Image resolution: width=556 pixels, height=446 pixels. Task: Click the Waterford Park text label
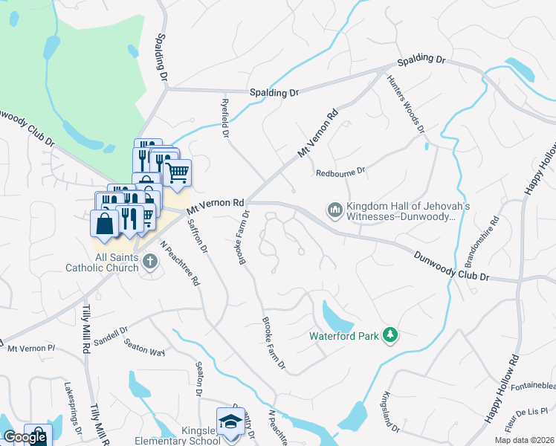pyautogui.click(x=343, y=336)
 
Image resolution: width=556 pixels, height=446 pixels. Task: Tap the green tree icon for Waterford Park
pyautogui.click(x=389, y=336)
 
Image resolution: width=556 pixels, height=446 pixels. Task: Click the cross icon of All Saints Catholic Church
pyautogui.click(x=149, y=261)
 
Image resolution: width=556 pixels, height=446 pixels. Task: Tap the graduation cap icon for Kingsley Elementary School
pyautogui.click(x=230, y=421)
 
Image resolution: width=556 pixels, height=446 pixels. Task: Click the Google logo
pyautogui.click(x=25, y=437)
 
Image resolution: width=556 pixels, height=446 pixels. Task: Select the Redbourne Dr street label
pyautogui.click(x=340, y=172)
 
